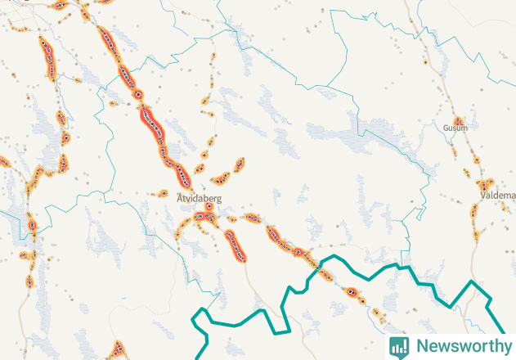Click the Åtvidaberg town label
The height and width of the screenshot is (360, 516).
coord(199,197)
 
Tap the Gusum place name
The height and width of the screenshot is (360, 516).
coord(455,128)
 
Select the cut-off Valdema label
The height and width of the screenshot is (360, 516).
coord(498,196)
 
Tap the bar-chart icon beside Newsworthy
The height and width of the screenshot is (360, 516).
coord(399,346)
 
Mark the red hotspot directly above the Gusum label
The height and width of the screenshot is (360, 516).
coord(460,119)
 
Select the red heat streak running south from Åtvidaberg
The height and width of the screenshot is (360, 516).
coord(236,246)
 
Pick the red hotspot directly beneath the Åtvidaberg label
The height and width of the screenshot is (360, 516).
coord(209,207)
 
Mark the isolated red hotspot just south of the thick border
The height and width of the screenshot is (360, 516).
coord(351,290)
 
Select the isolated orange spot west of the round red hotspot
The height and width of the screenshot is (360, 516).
coord(113,104)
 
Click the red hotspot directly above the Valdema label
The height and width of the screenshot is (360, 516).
coord(488,181)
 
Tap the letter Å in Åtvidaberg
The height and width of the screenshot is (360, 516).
coord(180,197)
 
